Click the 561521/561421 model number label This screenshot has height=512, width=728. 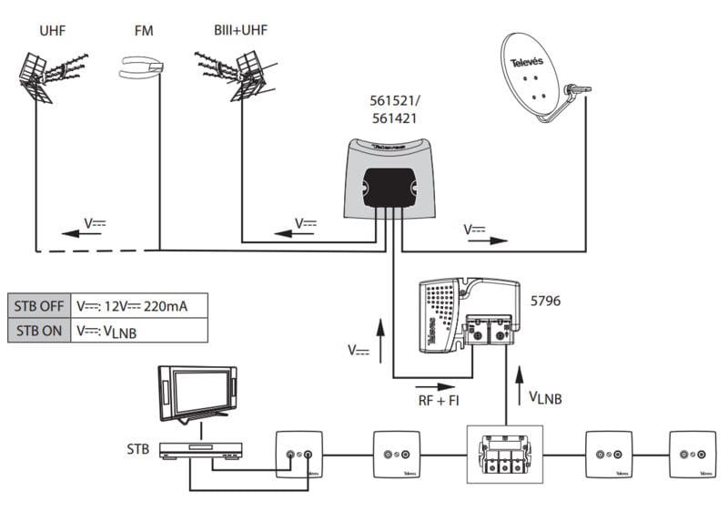pos(396,108)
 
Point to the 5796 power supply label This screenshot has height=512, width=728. pos(545,300)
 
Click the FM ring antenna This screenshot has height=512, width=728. pos(142,66)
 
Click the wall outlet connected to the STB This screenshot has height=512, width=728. pos(298,454)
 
